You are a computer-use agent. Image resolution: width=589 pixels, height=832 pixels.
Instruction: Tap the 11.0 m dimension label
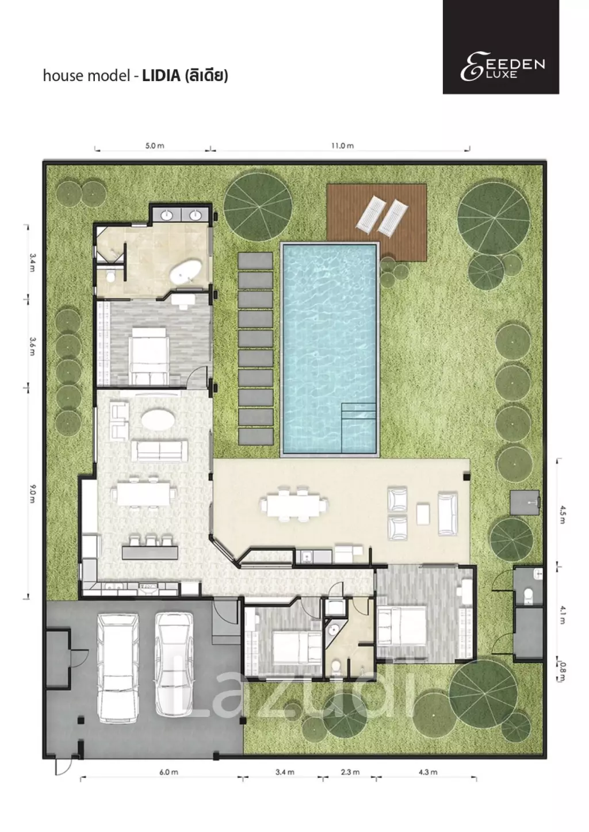tap(342, 145)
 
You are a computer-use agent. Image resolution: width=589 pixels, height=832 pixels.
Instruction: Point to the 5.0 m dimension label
tap(155, 145)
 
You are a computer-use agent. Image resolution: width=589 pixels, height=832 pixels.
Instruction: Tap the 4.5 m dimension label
tap(562, 515)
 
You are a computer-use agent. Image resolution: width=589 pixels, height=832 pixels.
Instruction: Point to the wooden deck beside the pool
tap(376, 222)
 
